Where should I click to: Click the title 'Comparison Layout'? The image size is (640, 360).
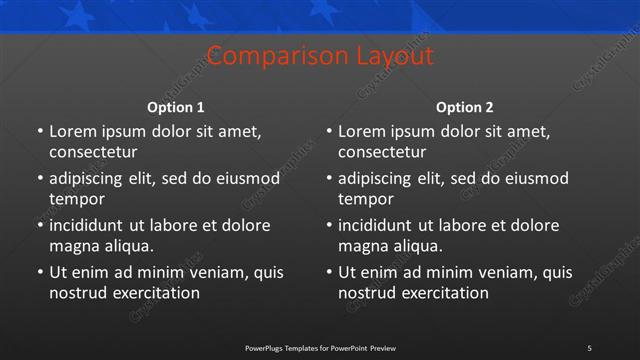point(320,56)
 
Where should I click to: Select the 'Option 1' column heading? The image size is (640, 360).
point(176,107)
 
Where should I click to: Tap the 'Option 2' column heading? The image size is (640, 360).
point(465,107)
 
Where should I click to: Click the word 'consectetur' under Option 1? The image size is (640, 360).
point(93,152)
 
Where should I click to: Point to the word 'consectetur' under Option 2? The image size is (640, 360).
point(382,152)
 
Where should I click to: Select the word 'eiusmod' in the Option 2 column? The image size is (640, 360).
point(537,179)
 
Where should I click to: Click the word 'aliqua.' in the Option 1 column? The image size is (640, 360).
point(126,246)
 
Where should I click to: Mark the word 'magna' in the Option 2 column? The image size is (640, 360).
point(362,246)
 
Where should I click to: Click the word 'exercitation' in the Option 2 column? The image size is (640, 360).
point(443,293)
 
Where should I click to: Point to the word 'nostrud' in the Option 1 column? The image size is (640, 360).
point(77,293)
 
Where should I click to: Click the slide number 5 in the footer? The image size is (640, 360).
point(589,348)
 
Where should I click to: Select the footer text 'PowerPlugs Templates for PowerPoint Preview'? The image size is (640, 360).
point(320,348)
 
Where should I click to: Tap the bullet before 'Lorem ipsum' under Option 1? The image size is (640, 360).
point(39,132)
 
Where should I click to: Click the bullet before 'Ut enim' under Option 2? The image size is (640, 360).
point(328,273)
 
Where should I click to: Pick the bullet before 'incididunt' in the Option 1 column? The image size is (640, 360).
point(39,226)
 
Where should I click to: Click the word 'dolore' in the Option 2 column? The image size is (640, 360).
point(537,226)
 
